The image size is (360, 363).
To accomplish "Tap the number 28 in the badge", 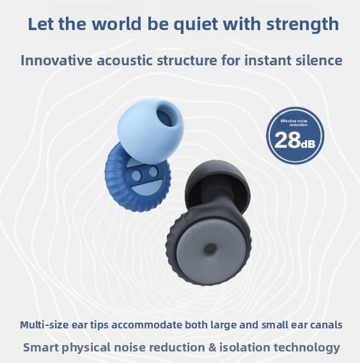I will [287, 140].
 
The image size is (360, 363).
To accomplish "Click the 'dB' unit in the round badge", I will [308, 142].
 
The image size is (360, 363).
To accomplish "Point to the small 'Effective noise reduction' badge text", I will [295, 123].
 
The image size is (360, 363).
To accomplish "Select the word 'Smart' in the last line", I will [42, 348].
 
